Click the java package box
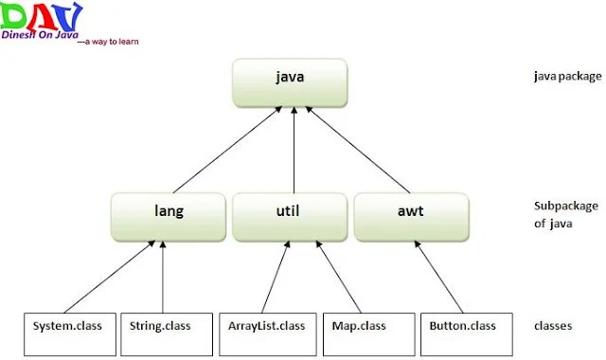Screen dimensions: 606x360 [290, 82]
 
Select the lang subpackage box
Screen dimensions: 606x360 [169, 217]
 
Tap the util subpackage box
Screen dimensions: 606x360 [290, 217]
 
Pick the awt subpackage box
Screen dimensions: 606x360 [411, 217]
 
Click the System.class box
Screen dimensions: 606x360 [70, 334]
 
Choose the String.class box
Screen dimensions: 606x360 [167, 334]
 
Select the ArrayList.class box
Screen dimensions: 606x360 [268, 334]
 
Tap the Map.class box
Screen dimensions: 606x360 [369, 334]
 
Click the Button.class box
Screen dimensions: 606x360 [467, 334]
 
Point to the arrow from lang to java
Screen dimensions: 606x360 [227, 150]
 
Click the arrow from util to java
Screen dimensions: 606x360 [294, 150]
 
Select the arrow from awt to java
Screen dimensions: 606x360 [358, 150]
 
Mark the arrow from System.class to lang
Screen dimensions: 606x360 [110, 277]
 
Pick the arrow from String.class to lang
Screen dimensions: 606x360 [163, 277]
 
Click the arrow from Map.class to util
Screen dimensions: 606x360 [339, 277]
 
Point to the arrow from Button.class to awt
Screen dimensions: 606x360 [438, 277]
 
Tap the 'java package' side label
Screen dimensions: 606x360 [568, 76]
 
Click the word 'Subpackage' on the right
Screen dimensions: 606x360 [566, 207]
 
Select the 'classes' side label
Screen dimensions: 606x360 [553, 326]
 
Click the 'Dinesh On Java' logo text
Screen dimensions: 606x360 [40, 34]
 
